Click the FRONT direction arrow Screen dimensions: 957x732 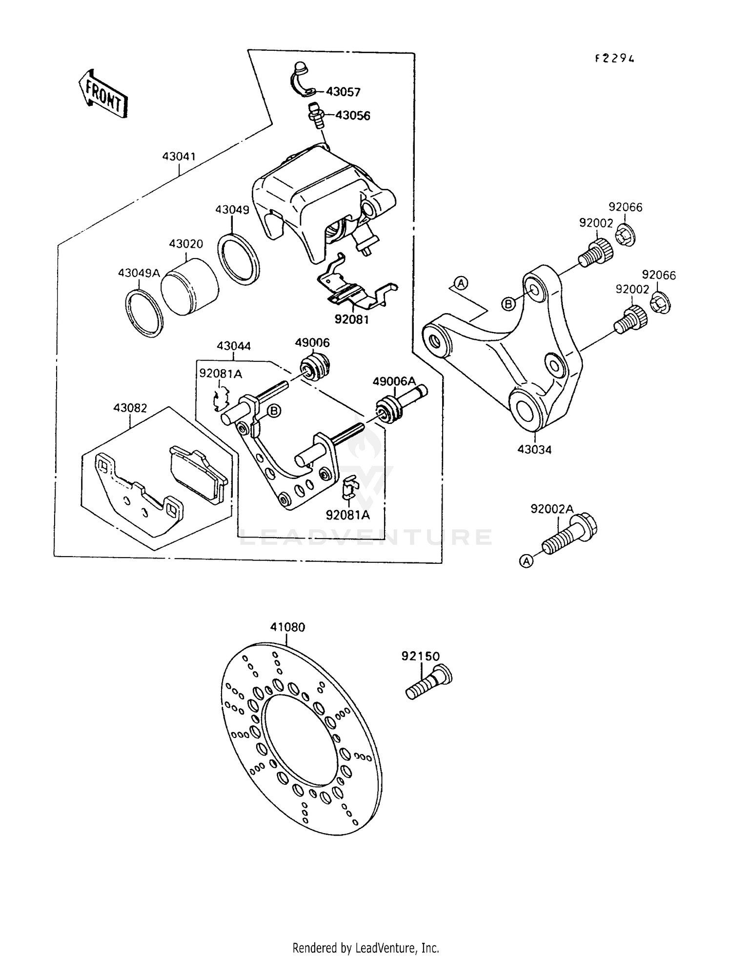point(103,94)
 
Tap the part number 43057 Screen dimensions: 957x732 point(343,92)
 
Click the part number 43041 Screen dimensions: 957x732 point(179,157)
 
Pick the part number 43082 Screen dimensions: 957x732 point(130,408)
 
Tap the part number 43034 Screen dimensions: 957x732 point(534,449)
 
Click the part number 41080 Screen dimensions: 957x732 point(288,627)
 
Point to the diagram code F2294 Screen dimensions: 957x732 point(615,59)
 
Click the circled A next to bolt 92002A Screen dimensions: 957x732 point(526,561)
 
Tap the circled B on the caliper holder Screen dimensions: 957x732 point(275,411)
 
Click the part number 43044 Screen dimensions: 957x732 point(234,346)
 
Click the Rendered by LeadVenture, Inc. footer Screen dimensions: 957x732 point(366,948)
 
